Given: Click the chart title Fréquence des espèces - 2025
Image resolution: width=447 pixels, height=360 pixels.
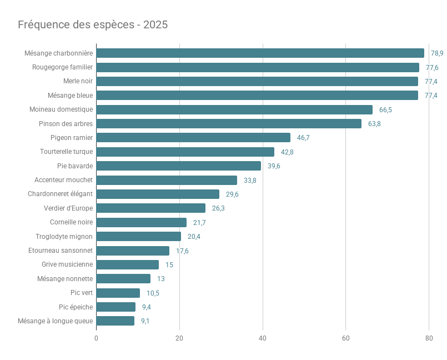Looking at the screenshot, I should pyautogui.click(x=93, y=25).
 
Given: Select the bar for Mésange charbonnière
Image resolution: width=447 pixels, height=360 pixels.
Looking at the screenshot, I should pyautogui.click(x=260, y=53).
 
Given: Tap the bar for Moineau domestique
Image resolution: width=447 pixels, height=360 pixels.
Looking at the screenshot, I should pyautogui.click(x=234, y=110).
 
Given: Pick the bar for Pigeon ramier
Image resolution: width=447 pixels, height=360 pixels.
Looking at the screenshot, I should pyautogui.click(x=193, y=138).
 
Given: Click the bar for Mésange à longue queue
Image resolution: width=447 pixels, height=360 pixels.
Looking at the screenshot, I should pyautogui.click(x=115, y=321).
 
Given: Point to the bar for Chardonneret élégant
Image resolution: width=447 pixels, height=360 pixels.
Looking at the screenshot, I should pyautogui.click(x=158, y=194).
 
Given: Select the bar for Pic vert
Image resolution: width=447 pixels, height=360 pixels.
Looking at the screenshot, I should pyautogui.click(x=118, y=293).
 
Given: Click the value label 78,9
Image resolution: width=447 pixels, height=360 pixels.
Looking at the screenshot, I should pyautogui.click(x=437, y=53).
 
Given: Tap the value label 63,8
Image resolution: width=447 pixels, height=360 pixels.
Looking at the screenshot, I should pyautogui.click(x=374, y=124).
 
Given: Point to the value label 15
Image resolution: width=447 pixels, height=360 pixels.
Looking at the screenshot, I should pyautogui.click(x=169, y=265).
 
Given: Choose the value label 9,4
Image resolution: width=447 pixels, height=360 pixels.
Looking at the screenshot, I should pyautogui.click(x=147, y=307).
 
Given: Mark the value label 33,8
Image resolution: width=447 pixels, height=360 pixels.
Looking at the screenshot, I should pyautogui.click(x=250, y=180).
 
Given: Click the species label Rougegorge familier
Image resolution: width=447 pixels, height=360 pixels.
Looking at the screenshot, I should pyautogui.click(x=62, y=67).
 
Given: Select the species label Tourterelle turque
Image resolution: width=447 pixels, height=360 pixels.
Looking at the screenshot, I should pyautogui.click(x=66, y=152).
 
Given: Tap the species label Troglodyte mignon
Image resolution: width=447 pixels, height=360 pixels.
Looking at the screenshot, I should pyautogui.click(x=64, y=236).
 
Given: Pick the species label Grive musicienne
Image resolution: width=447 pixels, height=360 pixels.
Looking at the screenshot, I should pyautogui.click(x=67, y=264).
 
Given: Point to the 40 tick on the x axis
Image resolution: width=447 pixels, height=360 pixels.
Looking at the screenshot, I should pyautogui.click(x=263, y=338).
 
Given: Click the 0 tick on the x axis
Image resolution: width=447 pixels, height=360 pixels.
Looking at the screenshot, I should pyautogui.click(x=96, y=338).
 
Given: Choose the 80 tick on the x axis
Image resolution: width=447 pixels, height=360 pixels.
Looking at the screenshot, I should pyautogui.click(x=429, y=338).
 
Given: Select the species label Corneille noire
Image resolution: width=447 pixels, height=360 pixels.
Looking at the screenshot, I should pyautogui.click(x=71, y=222).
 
